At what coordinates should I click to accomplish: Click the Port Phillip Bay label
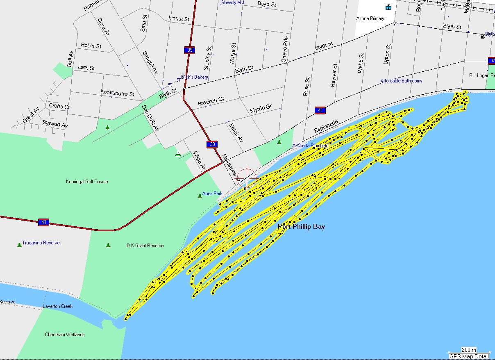coord(301,226)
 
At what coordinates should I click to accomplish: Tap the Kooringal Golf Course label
coord(87,182)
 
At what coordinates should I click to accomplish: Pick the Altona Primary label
coord(370,18)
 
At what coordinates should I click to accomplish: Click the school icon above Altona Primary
coord(388,7)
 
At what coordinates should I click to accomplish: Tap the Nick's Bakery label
coord(195,77)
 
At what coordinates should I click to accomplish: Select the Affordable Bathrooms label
coord(401,81)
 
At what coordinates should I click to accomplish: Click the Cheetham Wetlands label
coord(65,335)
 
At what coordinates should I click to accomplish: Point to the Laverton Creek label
coord(58,306)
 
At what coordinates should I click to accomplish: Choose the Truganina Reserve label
coord(41,243)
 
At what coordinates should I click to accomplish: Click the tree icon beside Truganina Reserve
coord(19,245)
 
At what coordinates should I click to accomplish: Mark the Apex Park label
coord(212,194)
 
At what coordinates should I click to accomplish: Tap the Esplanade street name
coord(327,126)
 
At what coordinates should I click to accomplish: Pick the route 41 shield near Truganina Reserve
coord(43,222)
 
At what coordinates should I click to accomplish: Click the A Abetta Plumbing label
coord(310,146)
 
